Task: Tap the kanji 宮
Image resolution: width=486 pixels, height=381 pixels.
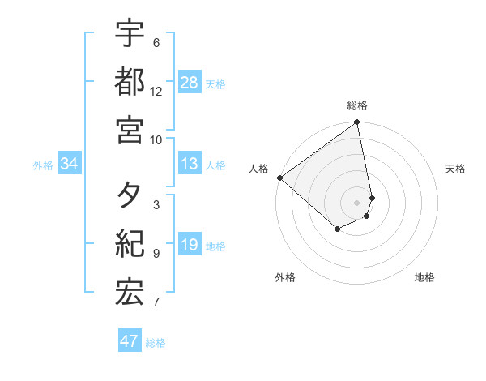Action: (130, 129)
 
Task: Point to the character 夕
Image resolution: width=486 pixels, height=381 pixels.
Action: (130, 197)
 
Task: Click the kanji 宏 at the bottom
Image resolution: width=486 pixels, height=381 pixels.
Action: (130, 293)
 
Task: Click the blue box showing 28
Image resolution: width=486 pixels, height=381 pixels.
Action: (190, 83)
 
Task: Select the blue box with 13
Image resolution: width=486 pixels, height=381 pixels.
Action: (190, 164)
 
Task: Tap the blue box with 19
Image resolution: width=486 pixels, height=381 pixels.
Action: (190, 246)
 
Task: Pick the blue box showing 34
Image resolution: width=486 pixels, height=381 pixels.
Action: (70, 164)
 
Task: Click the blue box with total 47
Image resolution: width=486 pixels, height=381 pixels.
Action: (130, 341)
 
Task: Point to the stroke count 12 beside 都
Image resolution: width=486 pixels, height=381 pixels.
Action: (156, 92)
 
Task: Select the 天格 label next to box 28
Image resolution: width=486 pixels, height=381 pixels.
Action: (215, 83)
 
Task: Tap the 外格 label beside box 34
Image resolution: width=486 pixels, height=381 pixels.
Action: (43, 165)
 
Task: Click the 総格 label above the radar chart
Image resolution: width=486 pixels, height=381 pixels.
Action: (357, 105)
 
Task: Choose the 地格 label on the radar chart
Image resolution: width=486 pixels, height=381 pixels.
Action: (424, 277)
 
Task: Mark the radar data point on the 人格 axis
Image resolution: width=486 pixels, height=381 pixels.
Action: (279, 178)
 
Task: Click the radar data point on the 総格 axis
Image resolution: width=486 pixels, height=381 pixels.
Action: (357, 123)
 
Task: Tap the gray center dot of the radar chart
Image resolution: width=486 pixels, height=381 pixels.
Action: (357, 203)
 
